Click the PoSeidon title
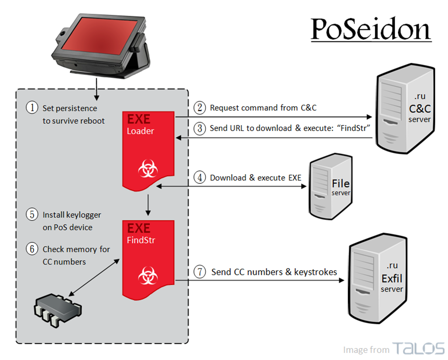371,29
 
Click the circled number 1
32,108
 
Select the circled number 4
200,177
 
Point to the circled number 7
200,271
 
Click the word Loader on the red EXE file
140,131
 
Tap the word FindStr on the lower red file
141,240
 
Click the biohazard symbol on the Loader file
148,168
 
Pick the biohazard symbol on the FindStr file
148,275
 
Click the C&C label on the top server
420,109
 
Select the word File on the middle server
341,184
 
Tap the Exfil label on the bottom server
392,278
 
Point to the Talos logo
419,348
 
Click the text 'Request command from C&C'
263,108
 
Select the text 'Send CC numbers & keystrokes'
274,272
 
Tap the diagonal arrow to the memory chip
94,277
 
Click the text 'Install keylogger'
72,215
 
